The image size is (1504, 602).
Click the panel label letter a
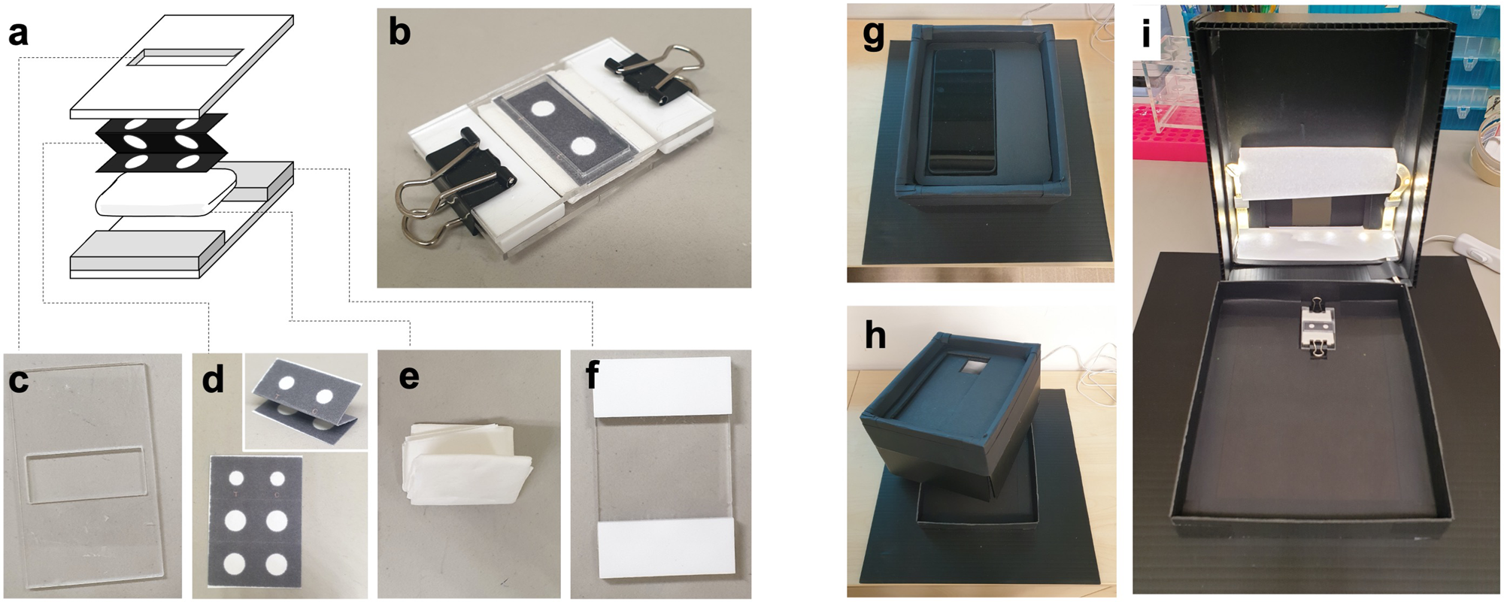[x=18, y=33]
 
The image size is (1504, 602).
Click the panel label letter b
[x=399, y=32]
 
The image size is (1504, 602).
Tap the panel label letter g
[x=874, y=35]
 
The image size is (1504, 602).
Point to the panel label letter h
[x=875, y=336]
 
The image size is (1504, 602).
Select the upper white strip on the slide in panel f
[x=662, y=387]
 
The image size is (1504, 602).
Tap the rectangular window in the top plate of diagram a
[x=185, y=57]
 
